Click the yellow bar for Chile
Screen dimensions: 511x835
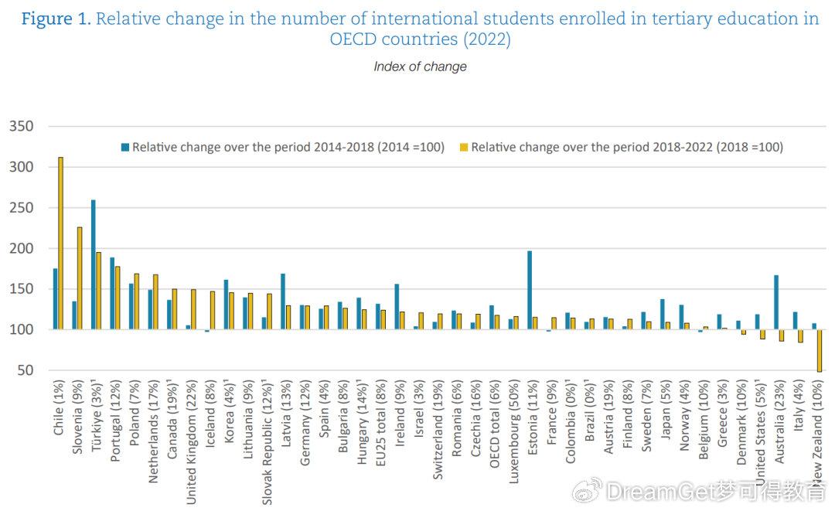[x=61, y=244]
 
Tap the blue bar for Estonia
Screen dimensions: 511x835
[x=530, y=290]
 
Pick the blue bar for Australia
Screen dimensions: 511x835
[x=775, y=302]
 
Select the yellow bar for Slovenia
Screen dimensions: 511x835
[x=80, y=278]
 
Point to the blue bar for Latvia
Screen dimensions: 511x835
[x=283, y=301]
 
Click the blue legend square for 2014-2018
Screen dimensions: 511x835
[x=124, y=147]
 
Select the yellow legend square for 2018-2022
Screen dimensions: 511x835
[x=464, y=147]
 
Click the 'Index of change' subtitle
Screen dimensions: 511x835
[x=420, y=66]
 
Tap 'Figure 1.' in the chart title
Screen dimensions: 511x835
[x=56, y=19]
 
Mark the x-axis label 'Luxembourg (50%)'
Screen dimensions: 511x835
[x=513, y=429]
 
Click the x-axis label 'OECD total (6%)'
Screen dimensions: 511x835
[x=493, y=426]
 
